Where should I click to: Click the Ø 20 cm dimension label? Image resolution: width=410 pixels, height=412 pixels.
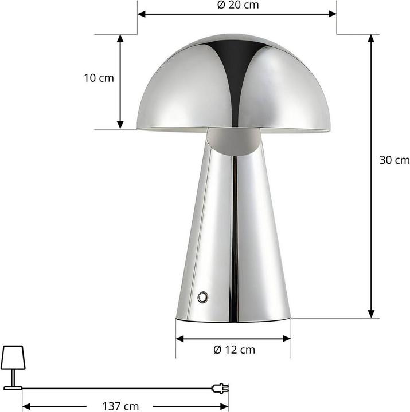(237, 5)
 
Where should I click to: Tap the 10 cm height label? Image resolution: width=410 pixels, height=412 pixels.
(98, 78)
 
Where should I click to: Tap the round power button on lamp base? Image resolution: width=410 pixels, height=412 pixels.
(202, 296)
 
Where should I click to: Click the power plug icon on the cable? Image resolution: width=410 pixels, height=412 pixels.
(220, 388)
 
